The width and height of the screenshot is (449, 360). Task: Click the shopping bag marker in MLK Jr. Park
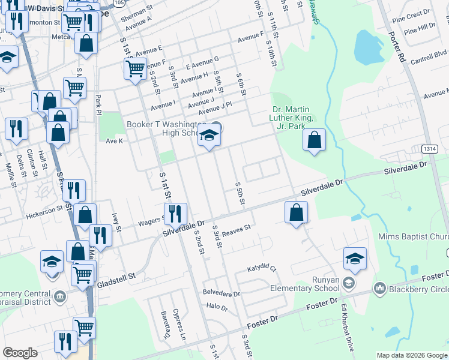pyautogui.click(x=315, y=141)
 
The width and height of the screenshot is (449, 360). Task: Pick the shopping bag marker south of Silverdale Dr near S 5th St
pyautogui.click(x=296, y=213)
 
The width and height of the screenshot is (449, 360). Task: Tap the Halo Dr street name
pyautogui.click(x=217, y=306)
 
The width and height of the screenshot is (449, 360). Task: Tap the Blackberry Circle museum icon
pyautogui.click(x=379, y=289)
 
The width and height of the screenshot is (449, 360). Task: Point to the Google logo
pyautogui.click(x=20, y=353)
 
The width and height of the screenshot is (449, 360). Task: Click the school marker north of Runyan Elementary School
pyautogui.click(x=355, y=259)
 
